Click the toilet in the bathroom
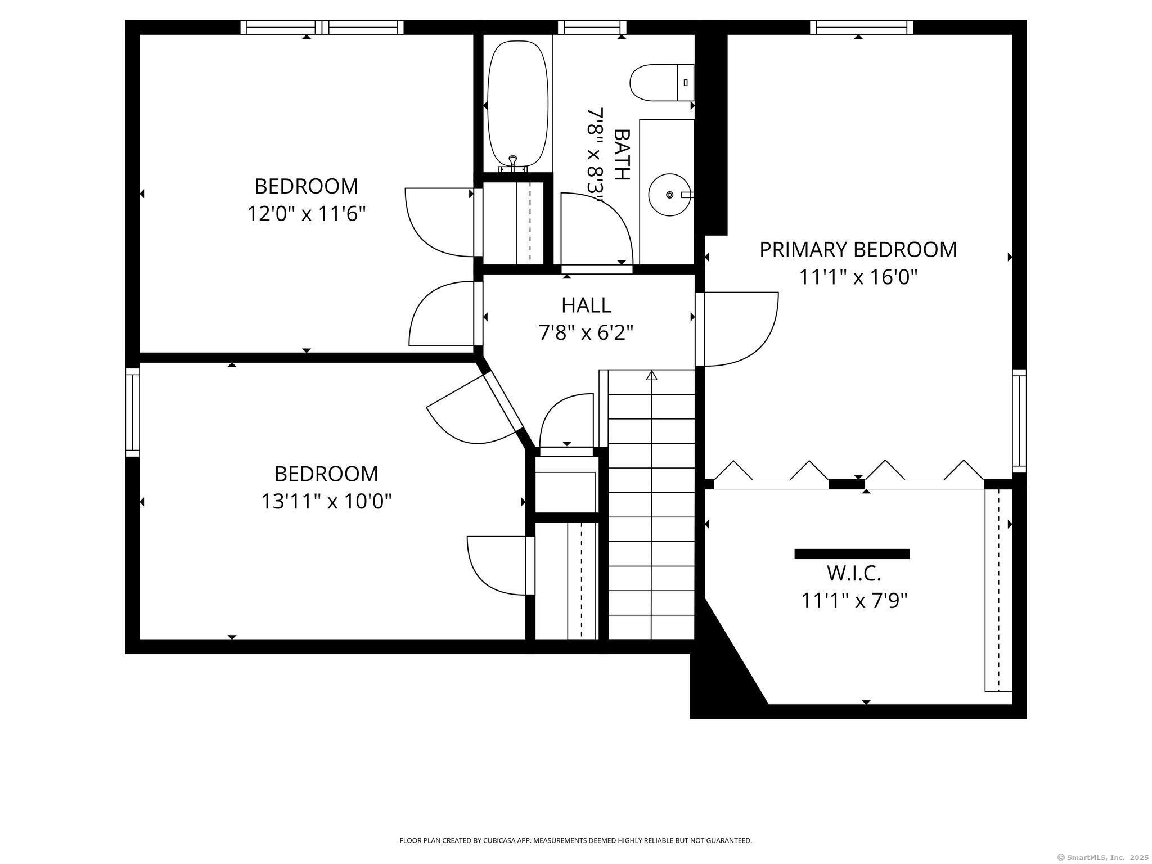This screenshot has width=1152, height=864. point(662,83)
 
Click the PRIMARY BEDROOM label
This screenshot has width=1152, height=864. point(858,250)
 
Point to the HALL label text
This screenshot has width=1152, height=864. point(586,305)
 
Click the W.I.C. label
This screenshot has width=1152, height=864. point(854,573)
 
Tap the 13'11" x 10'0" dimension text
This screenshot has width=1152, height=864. point(326,501)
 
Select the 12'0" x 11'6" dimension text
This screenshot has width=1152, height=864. point(307,214)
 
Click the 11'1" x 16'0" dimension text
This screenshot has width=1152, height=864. point(858,277)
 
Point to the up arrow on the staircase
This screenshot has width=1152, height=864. point(651,375)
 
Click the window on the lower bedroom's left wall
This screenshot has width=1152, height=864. point(132,412)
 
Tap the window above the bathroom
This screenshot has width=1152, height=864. point(592,27)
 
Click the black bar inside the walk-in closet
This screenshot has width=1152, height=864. point(852,554)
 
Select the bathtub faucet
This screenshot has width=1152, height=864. point(512,164)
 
